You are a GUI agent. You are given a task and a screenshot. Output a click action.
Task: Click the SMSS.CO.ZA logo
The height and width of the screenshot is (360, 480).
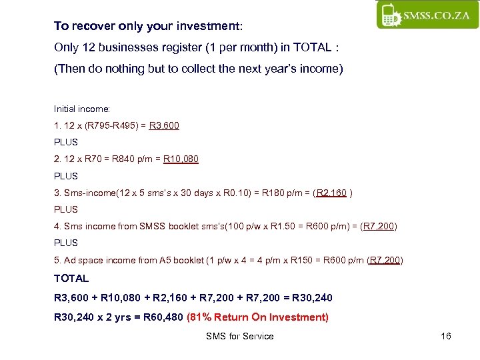click(427, 14)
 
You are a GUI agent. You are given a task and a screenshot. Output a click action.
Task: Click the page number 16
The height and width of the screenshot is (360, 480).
click(446, 336)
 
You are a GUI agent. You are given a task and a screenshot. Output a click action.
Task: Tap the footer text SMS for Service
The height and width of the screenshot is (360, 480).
click(240, 336)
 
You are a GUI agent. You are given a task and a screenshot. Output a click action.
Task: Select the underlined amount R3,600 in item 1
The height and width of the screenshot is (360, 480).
click(164, 125)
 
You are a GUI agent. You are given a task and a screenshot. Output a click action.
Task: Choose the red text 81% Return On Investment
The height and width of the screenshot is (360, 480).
click(258, 317)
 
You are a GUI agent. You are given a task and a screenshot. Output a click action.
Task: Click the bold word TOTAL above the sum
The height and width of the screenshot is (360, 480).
click(71, 278)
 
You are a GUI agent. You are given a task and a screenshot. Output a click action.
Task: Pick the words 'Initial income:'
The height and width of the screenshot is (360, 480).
click(81, 108)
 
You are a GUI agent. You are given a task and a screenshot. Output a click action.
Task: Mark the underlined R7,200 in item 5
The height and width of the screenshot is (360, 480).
click(385, 260)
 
